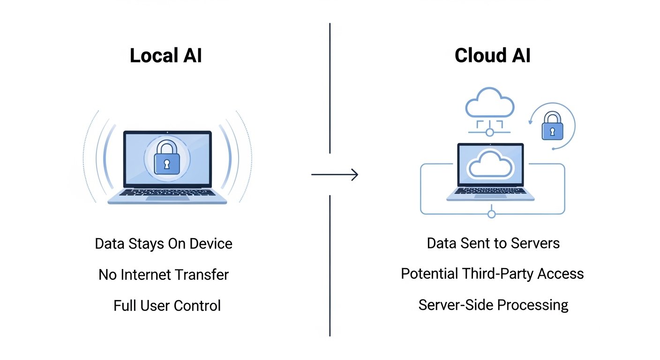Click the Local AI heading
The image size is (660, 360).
tap(166, 56)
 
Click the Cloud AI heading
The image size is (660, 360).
tap(493, 56)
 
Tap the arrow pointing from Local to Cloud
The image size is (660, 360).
tap(335, 175)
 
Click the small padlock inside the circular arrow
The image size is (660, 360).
tap(552, 127)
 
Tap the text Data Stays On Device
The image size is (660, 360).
tap(164, 244)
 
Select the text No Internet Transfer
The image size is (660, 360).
tap(164, 275)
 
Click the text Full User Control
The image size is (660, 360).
tap(167, 306)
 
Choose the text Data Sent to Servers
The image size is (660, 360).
tap(493, 243)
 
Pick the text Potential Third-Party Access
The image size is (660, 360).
tap(492, 274)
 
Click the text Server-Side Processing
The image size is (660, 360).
tap(493, 305)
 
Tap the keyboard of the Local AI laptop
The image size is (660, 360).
tap(167, 192)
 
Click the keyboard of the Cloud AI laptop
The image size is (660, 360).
tap(490, 190)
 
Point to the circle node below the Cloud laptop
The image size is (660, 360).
tap(491, 214)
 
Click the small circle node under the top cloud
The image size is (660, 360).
tap(490, 133)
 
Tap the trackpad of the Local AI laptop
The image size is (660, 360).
tap(167, 198)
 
